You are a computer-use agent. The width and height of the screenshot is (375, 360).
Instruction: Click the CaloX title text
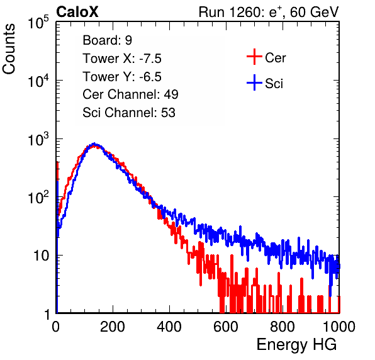[77, 12]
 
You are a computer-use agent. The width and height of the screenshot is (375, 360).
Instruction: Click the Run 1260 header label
[269, 12]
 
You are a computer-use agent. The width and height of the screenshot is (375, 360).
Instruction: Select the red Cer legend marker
[254, 57]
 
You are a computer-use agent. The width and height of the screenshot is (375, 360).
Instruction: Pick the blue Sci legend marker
[254, 83]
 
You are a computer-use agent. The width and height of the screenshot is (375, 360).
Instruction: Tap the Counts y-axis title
[9, 49]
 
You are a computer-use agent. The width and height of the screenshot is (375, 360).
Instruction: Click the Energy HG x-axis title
[297, 345]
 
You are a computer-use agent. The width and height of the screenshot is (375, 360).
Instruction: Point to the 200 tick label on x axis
[113, 327]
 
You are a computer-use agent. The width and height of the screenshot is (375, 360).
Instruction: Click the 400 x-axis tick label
[169, 327]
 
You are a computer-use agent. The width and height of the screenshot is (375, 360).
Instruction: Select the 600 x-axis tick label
[226, 327]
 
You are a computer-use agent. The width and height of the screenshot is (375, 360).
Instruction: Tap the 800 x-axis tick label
[283, 327]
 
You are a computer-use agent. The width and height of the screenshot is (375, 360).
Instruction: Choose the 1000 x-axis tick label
[339, 327]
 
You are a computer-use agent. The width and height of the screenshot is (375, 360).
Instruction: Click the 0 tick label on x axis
[55, 327]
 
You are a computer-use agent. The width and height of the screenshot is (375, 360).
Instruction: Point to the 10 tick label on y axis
[42, 256]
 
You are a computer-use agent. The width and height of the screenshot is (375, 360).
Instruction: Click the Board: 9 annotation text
[107, 40]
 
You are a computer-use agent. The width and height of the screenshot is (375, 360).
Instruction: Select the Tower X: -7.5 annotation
[122, 59]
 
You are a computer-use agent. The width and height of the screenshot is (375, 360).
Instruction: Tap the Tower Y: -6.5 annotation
[122, 77]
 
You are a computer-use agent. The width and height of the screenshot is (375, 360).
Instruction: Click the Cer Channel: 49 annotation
[130, 94]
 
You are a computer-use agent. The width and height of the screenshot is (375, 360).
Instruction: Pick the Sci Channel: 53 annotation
[129, 113]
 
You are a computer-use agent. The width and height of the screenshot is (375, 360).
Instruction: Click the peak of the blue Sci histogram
[94, 143]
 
